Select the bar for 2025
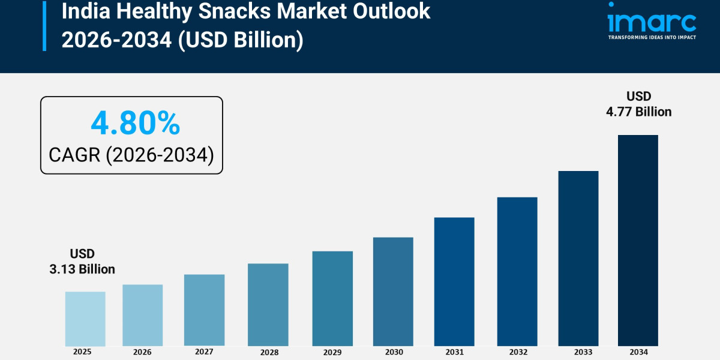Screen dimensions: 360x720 pos(85,319)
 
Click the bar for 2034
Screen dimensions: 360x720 pos(638,240)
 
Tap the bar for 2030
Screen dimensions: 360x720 pos(393,292)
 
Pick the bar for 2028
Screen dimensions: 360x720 pos(268,305)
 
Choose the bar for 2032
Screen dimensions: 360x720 pos(517,271)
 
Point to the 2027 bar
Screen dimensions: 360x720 pos(204,310)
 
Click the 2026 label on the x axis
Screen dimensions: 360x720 pos(142,352)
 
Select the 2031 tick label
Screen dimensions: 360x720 pos(455,352)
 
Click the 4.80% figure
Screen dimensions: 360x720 pos(135,124)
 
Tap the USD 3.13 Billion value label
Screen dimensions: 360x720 pos(82,262)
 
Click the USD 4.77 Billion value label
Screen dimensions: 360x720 pos(638,104)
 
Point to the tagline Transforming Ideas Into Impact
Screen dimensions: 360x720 pos(652,37)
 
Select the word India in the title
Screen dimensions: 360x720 pos(84,11)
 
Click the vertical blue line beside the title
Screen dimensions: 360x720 pos(44,25)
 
